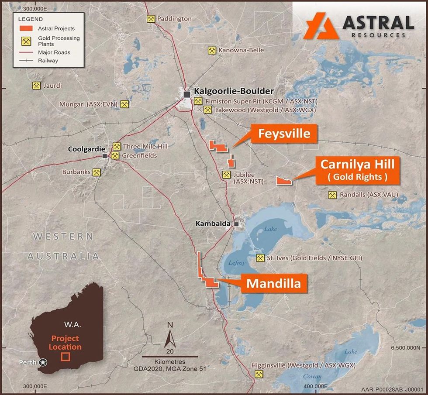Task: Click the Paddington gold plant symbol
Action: [x=151, y=19]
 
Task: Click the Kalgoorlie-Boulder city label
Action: [x=234, y=91]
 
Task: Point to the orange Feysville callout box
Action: [x=284, y=134]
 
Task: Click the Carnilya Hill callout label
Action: [x=357, y=170]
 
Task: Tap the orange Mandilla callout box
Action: [x=273, y=283]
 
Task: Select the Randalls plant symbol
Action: [x=332, y=195]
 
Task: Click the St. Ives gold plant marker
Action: [x=260, y=258]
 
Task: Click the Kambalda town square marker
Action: [x=236, y=224]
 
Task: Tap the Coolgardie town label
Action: [x=84, y=149]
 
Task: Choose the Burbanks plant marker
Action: [x=97, y=172]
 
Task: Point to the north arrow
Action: [x=170, y=337]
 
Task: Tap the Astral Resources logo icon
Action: [x=321, y=26]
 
